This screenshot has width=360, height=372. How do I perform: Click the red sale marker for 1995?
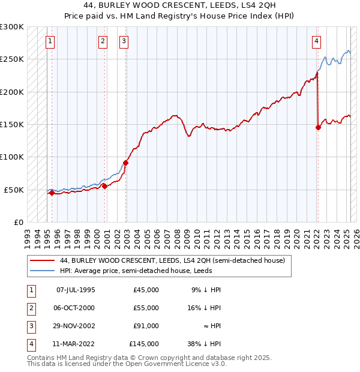[52, 193]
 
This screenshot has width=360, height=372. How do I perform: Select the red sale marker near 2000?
[104, 187]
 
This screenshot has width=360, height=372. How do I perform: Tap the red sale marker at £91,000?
[125, 163]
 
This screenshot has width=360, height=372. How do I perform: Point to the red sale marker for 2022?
[318, 127]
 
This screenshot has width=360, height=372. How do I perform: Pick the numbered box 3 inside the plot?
[123, 41]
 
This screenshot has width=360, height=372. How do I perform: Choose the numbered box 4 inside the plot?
[316, 41]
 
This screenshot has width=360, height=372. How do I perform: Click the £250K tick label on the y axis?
[12, 59]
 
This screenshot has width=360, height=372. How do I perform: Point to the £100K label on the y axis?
[12, 157]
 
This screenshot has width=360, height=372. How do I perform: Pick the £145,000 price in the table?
[144, 344]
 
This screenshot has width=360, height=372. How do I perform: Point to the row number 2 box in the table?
[30, 308]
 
